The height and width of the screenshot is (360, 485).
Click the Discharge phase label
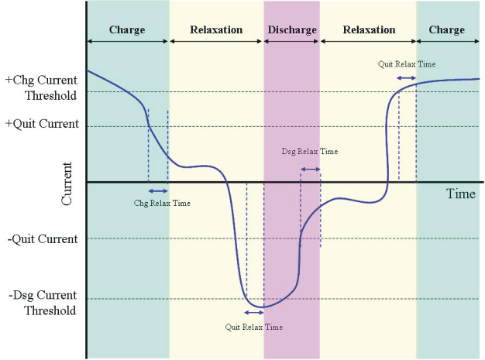291,30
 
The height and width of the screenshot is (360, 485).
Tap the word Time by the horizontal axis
460,194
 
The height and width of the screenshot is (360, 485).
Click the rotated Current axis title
67,183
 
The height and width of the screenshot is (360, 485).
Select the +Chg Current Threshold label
40,87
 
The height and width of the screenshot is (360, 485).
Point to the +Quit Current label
42,123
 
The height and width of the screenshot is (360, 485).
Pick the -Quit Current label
43,239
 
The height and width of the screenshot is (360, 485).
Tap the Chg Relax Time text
162,203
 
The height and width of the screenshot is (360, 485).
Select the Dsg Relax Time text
309,152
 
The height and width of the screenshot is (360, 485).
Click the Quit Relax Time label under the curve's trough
254,327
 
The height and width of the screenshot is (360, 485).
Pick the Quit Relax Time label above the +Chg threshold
407,63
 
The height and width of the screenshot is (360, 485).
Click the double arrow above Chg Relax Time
157,190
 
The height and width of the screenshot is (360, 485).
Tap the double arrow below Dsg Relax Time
310,169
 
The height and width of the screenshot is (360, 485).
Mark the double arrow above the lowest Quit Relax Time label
254,313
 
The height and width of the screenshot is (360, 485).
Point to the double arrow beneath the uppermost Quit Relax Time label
407,78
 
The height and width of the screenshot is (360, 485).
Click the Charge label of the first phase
127,30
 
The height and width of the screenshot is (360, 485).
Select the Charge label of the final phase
446,30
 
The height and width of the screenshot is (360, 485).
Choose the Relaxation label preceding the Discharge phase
216,30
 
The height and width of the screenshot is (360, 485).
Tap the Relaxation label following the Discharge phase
369,30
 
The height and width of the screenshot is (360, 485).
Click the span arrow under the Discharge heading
291,40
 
